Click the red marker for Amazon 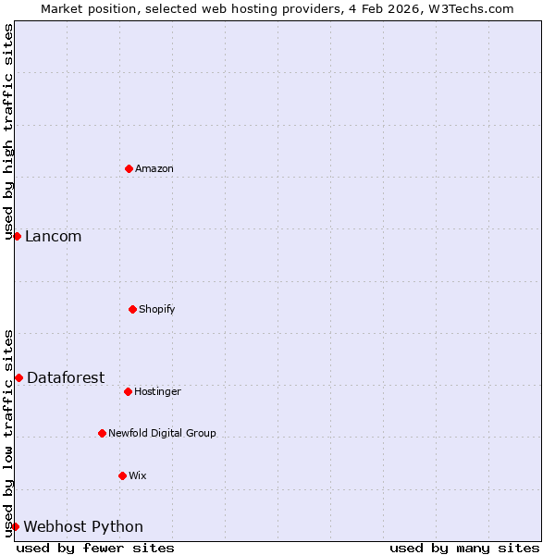coord(129,168)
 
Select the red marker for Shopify coord(132,309)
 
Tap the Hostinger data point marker coord(128,391)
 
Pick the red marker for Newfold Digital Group coord(102,433)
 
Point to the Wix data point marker coord(122,475)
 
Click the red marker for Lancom coord(17,236)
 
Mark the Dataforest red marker coord(18,377)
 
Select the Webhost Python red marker coord(15,526)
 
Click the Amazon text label coord(154,168)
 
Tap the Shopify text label coord(157,309)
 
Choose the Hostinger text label coord(157,391)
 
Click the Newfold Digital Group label coord(162,433)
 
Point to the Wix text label coord(138,475)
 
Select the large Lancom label coord(53,237)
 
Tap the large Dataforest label coord(66,377)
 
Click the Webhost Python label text coord(83,527)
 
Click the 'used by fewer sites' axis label coord(95,548)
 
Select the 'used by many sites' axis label coord(464,548)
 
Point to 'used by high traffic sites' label coord(8,131)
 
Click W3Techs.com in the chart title coord(471,8)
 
